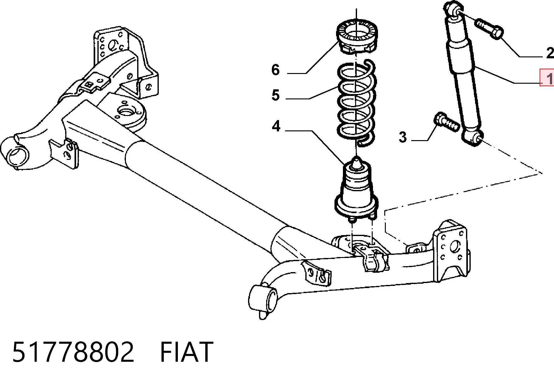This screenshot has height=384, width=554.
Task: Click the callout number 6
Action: (x=275, y=70)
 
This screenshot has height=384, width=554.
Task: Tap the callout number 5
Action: (x=276, y=95)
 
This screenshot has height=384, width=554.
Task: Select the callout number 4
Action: (x=276, y=126)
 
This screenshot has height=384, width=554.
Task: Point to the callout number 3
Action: (x=403, y=137)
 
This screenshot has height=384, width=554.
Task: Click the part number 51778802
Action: (x=73, y=352)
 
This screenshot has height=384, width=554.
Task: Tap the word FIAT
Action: (x=187, y=352)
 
